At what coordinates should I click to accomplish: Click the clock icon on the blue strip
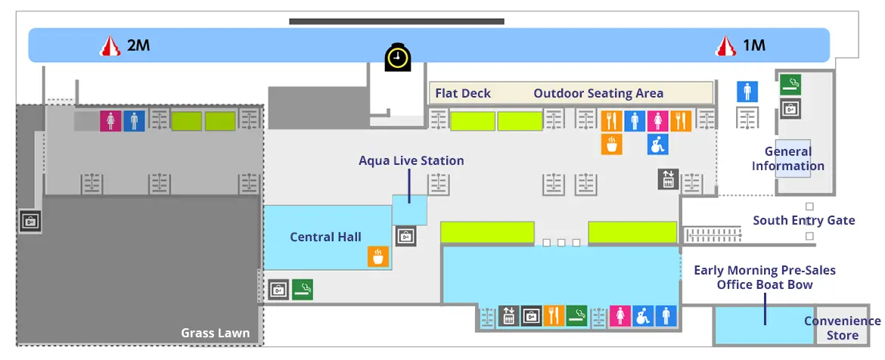click(x=397, y=57)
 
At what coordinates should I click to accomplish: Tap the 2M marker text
click(x=138, y=45)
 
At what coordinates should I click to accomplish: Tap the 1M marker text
click(x=753, y=45)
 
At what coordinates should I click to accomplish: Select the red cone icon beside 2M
click(x=111, y=46)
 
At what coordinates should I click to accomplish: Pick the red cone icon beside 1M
click(x=727, y=46)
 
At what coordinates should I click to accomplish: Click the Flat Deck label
click(x=463, y=94)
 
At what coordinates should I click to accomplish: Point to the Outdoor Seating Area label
click(x=598, y=94)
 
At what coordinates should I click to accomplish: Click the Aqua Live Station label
click(x=411, y=160)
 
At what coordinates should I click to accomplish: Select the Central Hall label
click(x=325, y=237)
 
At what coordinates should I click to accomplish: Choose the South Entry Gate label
click(x=803, y=221)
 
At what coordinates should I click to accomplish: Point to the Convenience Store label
click(x=842, y=328)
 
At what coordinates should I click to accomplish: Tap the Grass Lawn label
click(x=216, y=333)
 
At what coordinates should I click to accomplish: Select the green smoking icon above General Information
click(x=790, y=84)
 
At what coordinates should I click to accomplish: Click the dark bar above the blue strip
click(x=396, y=21)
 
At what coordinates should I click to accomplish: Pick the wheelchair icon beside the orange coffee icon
click(x=657, y=144)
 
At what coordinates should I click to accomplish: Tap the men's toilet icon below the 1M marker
click(x=747, y=92)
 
